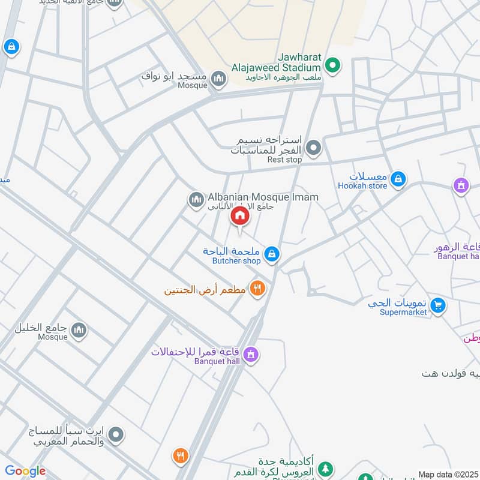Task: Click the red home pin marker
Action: (x=240, y=217)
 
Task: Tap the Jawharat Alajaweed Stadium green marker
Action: (x=333, y=65)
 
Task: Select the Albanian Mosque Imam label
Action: (x=263, y=197)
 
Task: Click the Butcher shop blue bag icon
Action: (x=272, y=254)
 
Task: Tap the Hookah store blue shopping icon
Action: (x=398, y=179)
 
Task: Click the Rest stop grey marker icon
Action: (x=313, y=147)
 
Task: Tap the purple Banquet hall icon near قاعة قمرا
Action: (x=251, y=355)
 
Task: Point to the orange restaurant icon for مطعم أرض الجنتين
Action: (x=258, y=289)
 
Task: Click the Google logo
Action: (x=25, y=472)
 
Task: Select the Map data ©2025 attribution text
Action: (x=447, y=474)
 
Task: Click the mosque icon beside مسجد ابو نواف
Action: (x=219, y=78)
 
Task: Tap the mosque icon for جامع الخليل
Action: (x=79, y=329)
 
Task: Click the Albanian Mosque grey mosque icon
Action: (x=196, y=200)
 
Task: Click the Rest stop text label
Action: (x=284, y=160)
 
